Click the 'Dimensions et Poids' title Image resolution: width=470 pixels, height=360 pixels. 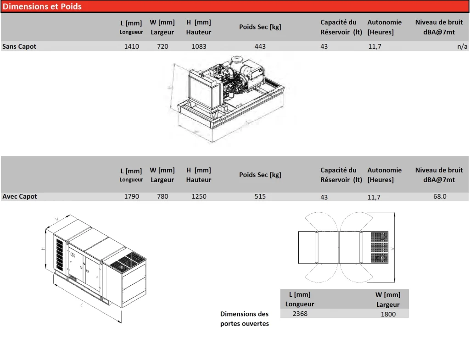pyautogui.click(x=42, y=6)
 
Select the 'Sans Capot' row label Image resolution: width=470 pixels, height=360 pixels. pyautogui.click(x=19, y=46)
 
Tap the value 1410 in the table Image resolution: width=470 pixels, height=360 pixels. pyautogui.click(x=132, y=46)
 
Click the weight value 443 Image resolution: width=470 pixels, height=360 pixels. pyautogui.click(x=260, y=46)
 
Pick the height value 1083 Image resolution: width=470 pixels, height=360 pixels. pyautogui.click(x=199, y=46)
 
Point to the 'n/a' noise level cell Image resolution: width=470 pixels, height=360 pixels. pyautogui.click(x=462, y=46)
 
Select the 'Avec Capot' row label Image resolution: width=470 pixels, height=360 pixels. pyautogui.click(x=20, y=196)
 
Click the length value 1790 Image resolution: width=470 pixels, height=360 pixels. pyautogui.click(x=132, y=196)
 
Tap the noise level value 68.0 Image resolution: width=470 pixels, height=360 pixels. pyautogui.click(x=439, y=196)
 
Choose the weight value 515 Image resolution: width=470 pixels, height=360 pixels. pyautogui.click(x=260, y=196)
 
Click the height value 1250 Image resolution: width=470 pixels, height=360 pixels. pyautogui.click(x=199, y=196)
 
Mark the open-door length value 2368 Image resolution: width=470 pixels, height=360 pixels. pyautogui.click(x=300, y=314)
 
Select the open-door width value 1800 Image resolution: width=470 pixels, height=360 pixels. pyautogui.click(x=388, y=314)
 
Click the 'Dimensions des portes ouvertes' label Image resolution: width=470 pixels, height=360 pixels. pyautogui.click(x=245, y=319)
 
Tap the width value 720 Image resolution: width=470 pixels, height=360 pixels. pyautogui.click(x=162, y=46)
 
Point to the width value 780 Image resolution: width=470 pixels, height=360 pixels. pyautogui.click(x=162, y=196)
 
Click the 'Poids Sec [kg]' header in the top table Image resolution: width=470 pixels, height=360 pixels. pyautogui.click(x=260, y=27)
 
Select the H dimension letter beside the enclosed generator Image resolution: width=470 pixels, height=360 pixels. pyautogui.click(x=43, y=248)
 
